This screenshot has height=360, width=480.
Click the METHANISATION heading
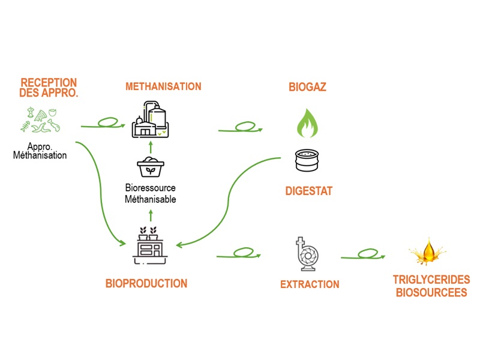point(163,86)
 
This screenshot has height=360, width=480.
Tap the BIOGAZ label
point(307,88)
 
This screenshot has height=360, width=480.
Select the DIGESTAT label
point(308,191)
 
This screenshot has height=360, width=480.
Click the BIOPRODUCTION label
point(146,283)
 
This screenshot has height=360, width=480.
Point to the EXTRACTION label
point(310,284)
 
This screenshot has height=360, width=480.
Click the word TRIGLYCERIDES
point(430,280)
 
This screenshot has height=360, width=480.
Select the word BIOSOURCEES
point(431,293)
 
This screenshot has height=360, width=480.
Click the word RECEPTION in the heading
point(49,82)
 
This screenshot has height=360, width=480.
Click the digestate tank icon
point(308,161)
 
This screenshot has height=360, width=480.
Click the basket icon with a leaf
point(150,167)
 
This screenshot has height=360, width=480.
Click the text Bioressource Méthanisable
point(150,194)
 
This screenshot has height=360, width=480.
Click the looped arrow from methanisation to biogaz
point(240,128)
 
